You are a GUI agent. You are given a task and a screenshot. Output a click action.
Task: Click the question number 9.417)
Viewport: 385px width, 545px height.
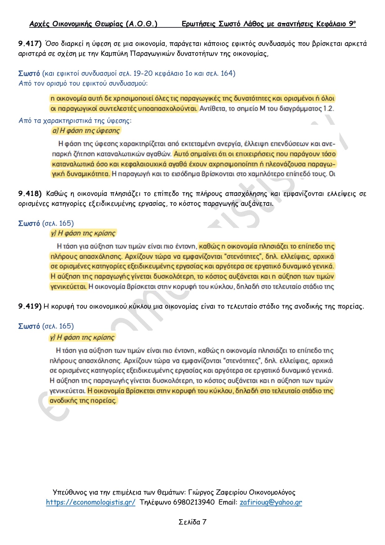pyautogui.click(x=30, y=43)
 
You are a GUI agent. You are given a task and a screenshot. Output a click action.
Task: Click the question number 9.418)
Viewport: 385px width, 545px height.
pyautogui.click(x=30, y=194)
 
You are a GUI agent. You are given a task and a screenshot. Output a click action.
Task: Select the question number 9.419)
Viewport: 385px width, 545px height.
pyautogui.click(x=30, y=307)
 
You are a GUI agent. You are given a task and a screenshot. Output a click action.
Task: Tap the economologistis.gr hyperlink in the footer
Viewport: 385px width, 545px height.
pyautogui.click(x=91, y=502)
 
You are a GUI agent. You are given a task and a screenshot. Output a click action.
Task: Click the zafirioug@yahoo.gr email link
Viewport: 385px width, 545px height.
pyautogui.click(x=271, y=502)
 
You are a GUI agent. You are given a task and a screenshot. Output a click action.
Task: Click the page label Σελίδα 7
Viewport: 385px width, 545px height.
pyautogui.click(x=192, y=522)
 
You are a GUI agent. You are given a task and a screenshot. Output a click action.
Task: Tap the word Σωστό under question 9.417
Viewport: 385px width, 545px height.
pyautogui.click(x=29, y=73)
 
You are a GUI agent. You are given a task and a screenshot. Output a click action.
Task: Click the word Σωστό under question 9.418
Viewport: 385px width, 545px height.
pyautogui.click(x=29, y=223)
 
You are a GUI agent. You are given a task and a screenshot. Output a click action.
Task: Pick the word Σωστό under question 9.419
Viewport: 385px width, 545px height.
pyautogui.click(x=29, y=326)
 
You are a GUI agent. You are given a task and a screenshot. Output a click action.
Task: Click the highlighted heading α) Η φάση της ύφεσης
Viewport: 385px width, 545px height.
pyautogui.click(x=86, y=131)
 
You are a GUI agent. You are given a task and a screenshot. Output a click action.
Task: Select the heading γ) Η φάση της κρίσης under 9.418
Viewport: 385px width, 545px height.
pyautogui.click(x=83, y=233)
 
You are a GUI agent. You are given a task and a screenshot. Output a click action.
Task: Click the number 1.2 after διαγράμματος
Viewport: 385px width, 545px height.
pyautogui.click(x=329, y=109)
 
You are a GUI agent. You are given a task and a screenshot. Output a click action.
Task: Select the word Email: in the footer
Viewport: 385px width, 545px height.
pyautogui.click(x=228, y=502)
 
